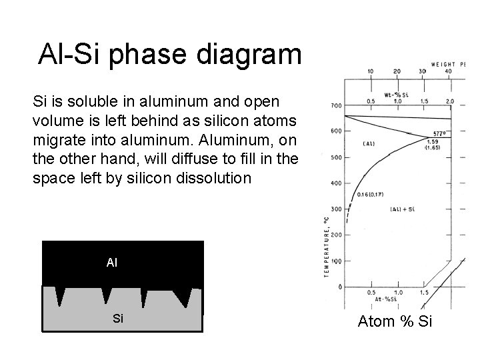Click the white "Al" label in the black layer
point(111,263)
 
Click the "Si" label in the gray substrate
point(118,318)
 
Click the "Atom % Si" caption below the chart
point(395,322)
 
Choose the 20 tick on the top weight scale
point(397,71)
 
